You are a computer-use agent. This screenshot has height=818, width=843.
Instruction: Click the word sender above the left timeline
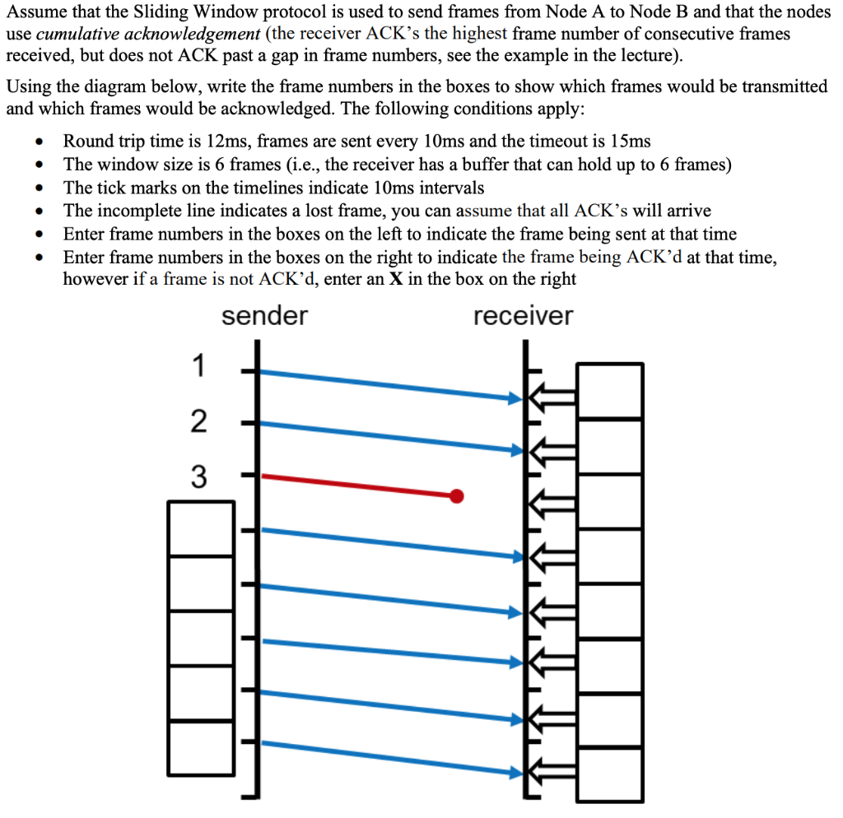pyautogui.click(x=264, y=316)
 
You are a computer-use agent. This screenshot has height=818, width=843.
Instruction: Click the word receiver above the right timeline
pyautogui.click(x=523, y=316)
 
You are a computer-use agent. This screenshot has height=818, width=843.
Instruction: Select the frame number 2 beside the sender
pyautogui.click(x=198, y=421)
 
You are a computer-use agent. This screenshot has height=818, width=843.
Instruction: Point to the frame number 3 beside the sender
pyautogui.click(x=198, y=476)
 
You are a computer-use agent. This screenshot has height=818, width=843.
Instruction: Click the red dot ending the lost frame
pyautogui.click(x=457, y=495)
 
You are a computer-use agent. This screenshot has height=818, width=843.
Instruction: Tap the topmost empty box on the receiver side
pyautogui.click(x=610, y=390)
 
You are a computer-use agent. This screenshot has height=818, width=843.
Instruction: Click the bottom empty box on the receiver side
pyautogui.click(x=610, y=773)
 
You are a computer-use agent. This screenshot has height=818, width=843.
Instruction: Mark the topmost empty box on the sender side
pyautogui.click(x=201, y=528)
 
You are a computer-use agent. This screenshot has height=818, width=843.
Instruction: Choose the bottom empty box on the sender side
pyautogui.click(x=201, y=747)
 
